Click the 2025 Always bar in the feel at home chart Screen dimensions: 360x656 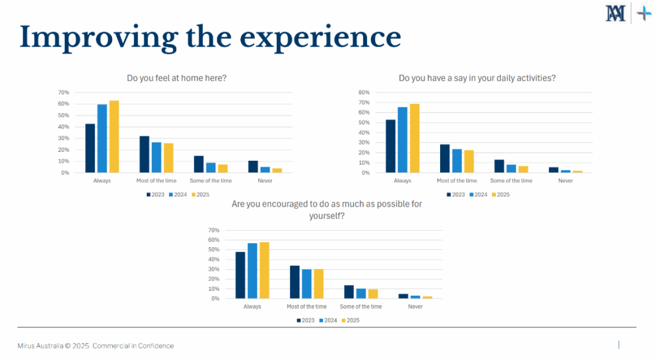(x=114, y=136)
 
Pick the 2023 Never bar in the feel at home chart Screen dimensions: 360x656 (x=253, y=167)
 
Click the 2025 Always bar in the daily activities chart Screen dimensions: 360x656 (x=414, y=138)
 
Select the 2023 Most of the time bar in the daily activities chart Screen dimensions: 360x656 (x=445, y=159)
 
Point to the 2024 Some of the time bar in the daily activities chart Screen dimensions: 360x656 (x=511, y=168)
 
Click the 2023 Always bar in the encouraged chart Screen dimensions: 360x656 (x=240, y=275)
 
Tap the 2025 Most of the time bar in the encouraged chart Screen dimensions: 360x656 (x=318, y=284)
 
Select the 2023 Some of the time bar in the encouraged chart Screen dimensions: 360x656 (x=349, y=291)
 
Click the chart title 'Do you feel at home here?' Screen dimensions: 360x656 (x=177, y=78)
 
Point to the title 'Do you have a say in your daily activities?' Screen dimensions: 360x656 (x=477, y=78)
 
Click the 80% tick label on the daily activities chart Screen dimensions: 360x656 (x=365, y=92)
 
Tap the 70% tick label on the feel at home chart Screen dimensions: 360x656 (x=64, y=92)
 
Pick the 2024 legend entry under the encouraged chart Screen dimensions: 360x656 (x=329, y=320)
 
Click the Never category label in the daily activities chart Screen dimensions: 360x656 (x=565, y=181)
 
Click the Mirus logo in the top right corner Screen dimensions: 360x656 (x=616, y=13)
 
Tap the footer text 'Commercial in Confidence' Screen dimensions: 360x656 (x=133, y=346)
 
